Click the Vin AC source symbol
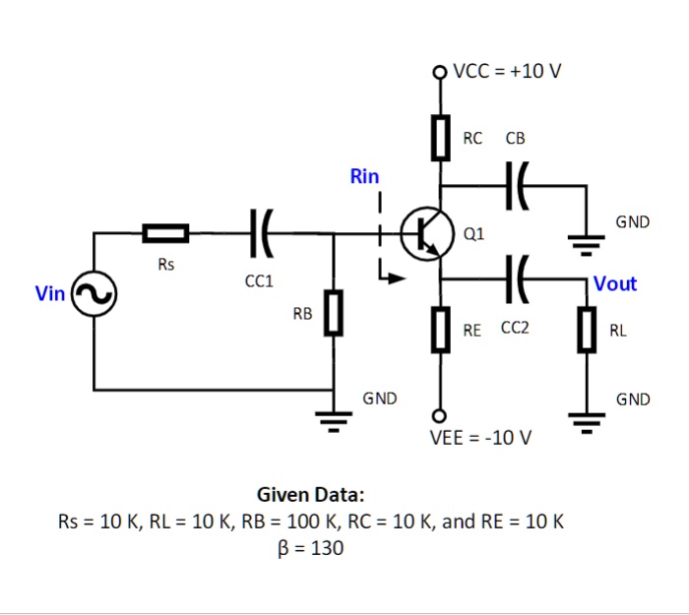[95, 293]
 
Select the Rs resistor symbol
[165, 233]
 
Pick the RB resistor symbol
[335, 313]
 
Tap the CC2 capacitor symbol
[516, 278]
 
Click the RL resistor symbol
[588, 330]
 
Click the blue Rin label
[364, 177]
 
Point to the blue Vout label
[615, 283]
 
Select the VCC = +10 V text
[508, 71]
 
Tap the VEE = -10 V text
[481, 437]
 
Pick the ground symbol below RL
[588, 424]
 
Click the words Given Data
[310, 494]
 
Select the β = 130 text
[312, 549]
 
